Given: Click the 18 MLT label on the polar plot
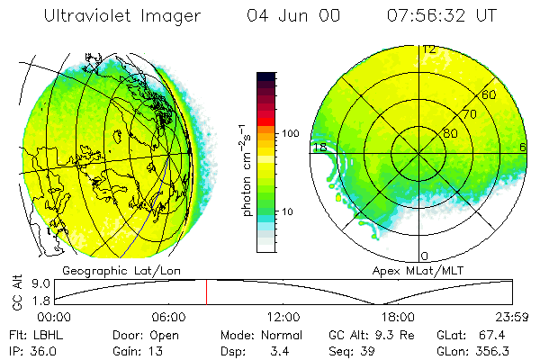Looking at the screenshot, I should click(319, 147).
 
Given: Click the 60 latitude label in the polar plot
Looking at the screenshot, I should click(490, 94).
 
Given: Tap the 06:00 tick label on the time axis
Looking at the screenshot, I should click(168, 317).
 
